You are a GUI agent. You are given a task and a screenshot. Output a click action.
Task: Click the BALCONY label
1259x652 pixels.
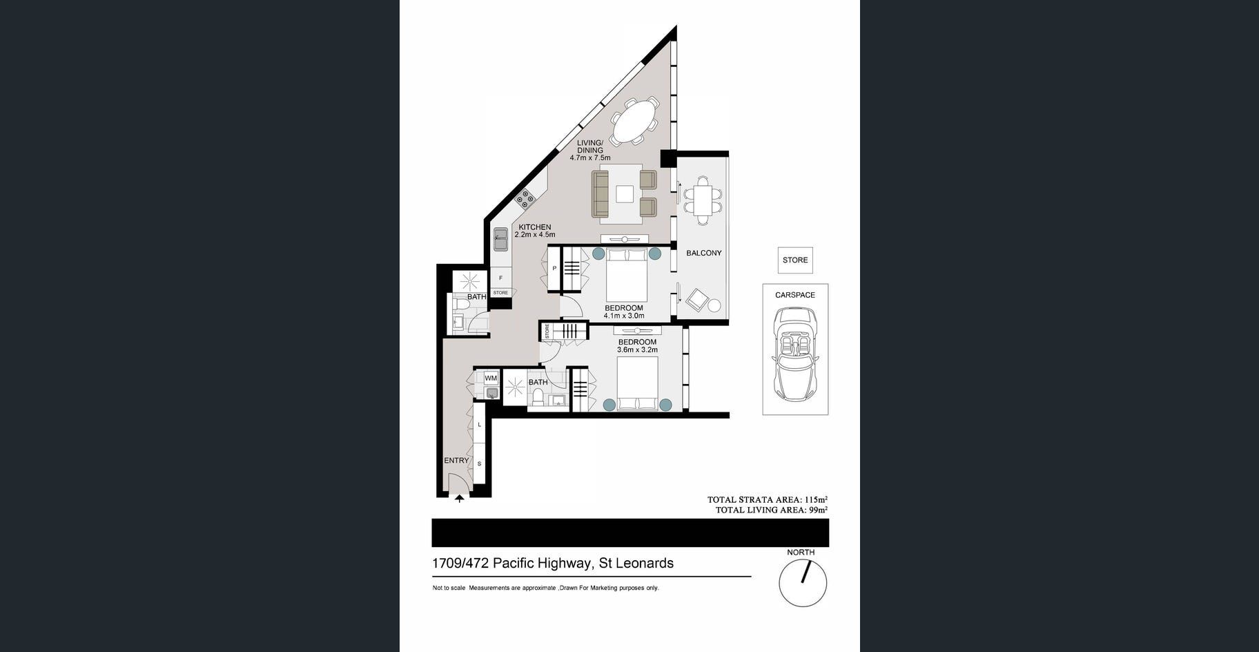[703, 253]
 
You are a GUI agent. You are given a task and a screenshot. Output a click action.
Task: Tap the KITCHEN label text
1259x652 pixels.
[535, 227]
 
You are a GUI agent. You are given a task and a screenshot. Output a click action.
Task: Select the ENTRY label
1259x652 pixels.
[456, 460]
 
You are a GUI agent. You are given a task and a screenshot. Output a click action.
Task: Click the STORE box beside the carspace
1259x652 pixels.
[795, 260]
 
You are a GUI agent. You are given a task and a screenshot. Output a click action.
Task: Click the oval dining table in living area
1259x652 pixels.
[636, 122]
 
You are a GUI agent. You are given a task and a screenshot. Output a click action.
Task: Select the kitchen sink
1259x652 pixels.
[500, 242]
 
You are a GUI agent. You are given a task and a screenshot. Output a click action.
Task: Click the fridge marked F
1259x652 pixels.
[501, 278]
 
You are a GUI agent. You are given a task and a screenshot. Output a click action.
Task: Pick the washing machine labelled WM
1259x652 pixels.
[491, 378]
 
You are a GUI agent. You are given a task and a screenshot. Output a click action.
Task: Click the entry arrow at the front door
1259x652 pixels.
[460, 497]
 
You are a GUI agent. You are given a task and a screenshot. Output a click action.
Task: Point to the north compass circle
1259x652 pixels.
[803, 582]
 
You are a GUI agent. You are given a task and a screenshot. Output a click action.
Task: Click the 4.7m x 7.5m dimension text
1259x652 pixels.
[589, 158]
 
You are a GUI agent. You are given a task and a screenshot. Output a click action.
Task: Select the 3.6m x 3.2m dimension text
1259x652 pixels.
[637, 350]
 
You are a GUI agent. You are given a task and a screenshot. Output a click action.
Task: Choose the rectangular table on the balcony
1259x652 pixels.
[703, 200]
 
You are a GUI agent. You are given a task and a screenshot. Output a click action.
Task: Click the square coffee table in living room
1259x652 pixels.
[625, 194]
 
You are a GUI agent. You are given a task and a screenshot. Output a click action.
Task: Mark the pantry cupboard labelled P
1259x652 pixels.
[554, 268]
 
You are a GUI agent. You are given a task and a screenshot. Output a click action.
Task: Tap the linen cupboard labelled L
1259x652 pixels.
[480, 425]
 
